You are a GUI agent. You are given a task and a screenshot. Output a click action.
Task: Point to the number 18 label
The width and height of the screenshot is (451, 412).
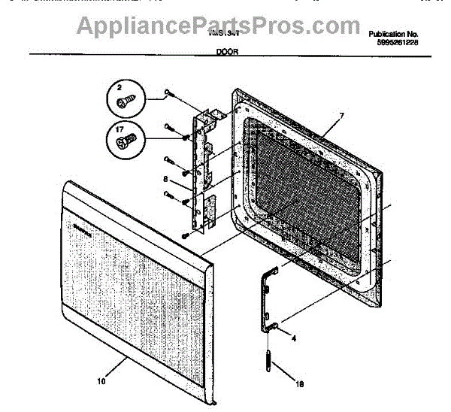tap(300, 385)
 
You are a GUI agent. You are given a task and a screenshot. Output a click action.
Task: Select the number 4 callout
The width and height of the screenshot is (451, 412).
tap(294, 338)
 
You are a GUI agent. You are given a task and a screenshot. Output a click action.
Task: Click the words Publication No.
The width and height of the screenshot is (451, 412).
tap(393, 35)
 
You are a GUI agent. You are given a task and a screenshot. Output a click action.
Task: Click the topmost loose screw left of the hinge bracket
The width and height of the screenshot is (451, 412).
tap(168, 95)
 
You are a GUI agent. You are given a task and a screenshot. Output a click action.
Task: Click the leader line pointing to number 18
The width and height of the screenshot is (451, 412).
tap(284, 373)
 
